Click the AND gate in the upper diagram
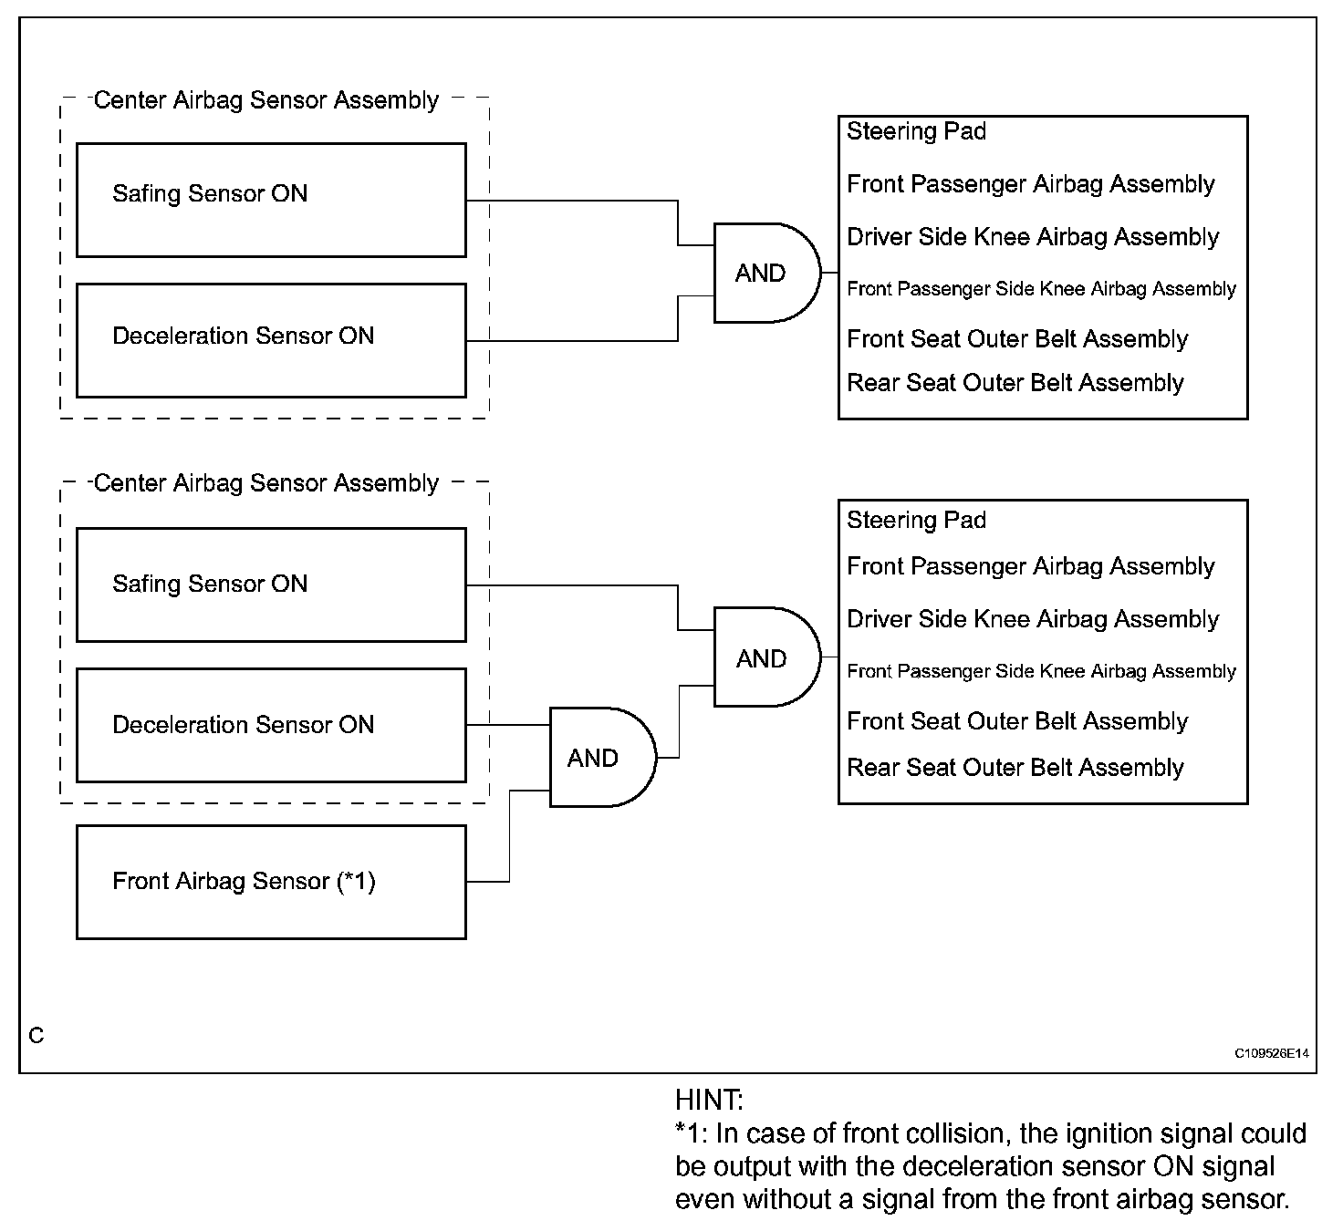coord(767,274)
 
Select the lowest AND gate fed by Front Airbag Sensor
coord(603,757)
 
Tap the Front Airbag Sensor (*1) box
coord(271,883)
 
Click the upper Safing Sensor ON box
coord(271,200)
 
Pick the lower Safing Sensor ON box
coord(271,585)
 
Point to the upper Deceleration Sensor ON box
coord(271,341)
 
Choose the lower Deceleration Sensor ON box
coord(271,726)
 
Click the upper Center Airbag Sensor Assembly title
coord(265,100)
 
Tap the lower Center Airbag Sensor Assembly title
coord(265,483)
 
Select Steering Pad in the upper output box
coord(917,131)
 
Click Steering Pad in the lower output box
coord(917,520)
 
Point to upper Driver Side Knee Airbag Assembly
coord(1033,237)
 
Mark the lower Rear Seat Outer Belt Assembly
coord(1015,767)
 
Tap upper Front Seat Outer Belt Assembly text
coord(1017,338)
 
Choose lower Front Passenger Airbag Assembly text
coord(1031,566)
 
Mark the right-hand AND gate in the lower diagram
coord(767,657)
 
